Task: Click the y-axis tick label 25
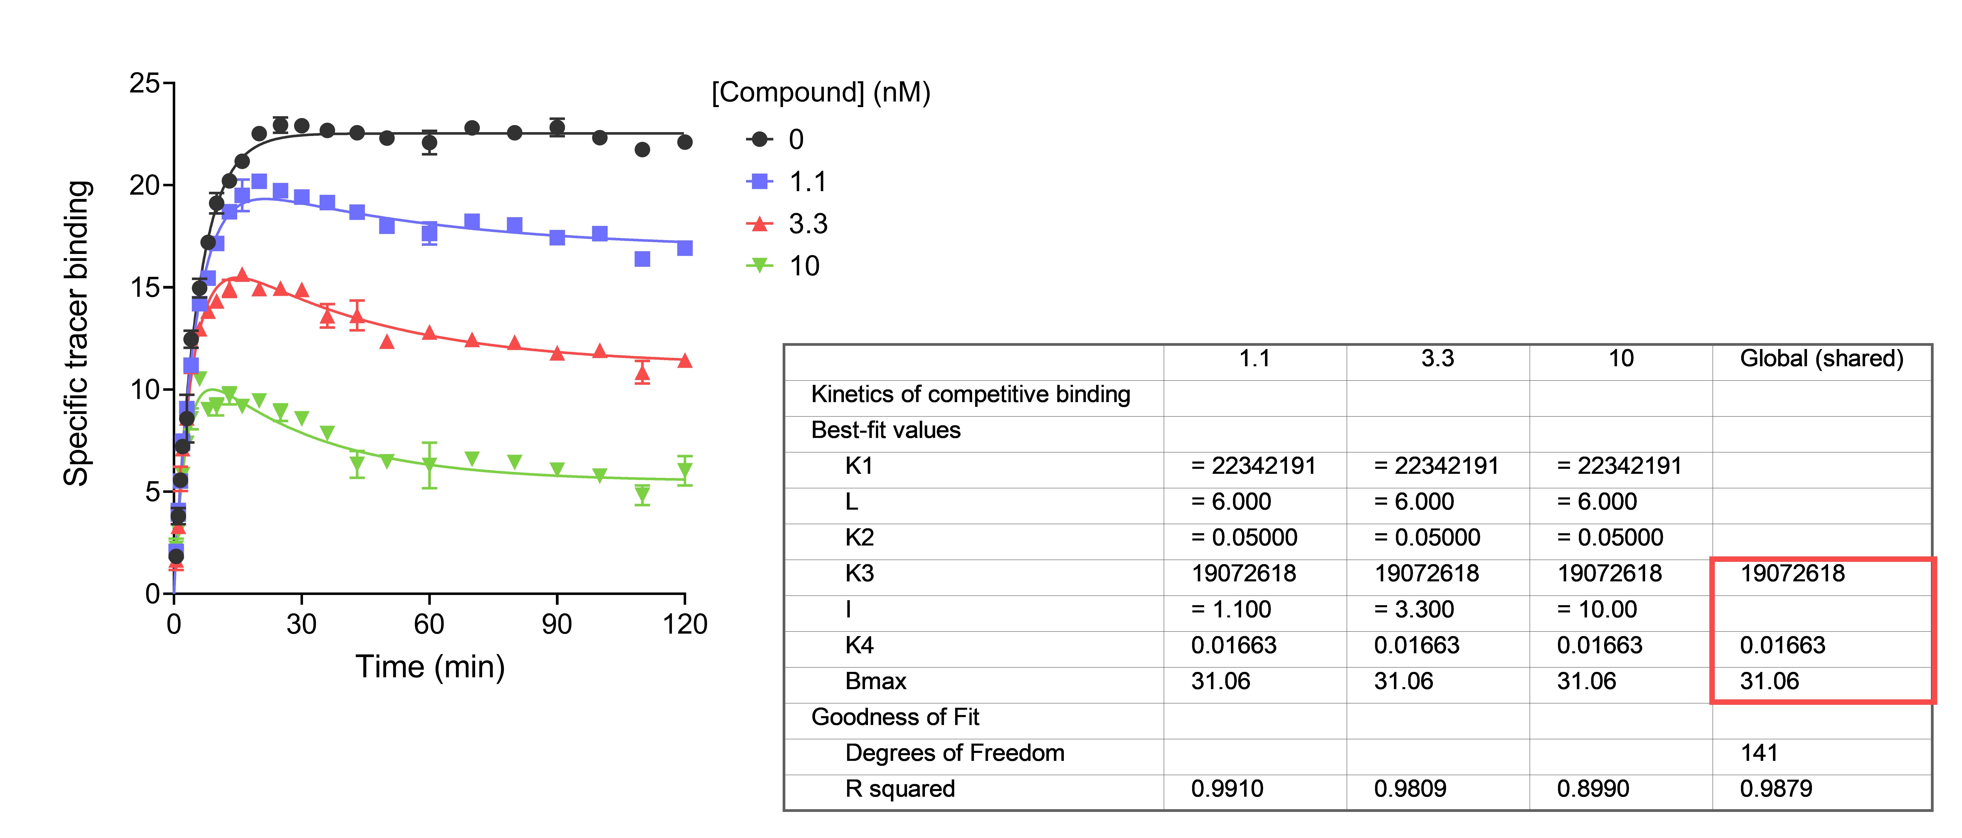tap(145, 83)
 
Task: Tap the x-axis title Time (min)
tap(430, 667)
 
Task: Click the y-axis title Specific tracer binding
tap(77, 333)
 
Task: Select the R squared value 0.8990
tap(1593, 789)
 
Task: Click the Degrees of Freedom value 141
tap(1759, 753)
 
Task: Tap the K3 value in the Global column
tap(1792, 573)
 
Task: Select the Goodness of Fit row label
tap(895, 717)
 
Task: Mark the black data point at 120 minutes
tap(685, 142)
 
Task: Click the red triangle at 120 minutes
tap(685, 360)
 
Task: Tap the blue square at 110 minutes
tap(642, 260)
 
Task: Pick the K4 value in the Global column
tap(1782, 645)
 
